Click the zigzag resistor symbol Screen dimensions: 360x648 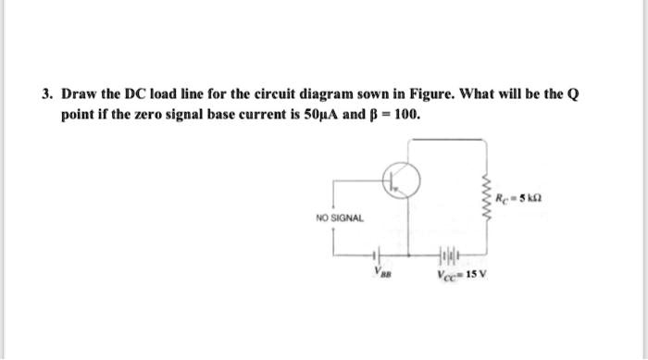[x=485, y=195]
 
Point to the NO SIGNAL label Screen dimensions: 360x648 [x=340, y=217]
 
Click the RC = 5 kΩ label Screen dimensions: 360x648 [x=519, y=197]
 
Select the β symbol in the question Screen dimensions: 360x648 [x=375, y=117]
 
